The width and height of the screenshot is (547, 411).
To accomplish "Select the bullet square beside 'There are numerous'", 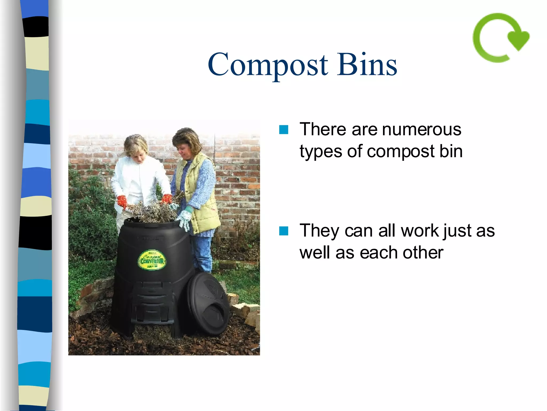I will [x=283, y=130].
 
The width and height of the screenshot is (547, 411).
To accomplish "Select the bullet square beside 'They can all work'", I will [x=283, y=231].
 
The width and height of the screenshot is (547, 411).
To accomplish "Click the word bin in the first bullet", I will [x=451, y=151].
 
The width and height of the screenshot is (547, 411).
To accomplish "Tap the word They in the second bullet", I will [x=319, y=231].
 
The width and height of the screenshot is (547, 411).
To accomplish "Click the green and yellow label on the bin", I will [x=152, y=260].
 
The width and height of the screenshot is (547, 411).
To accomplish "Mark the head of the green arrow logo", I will [x=518, y=40].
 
